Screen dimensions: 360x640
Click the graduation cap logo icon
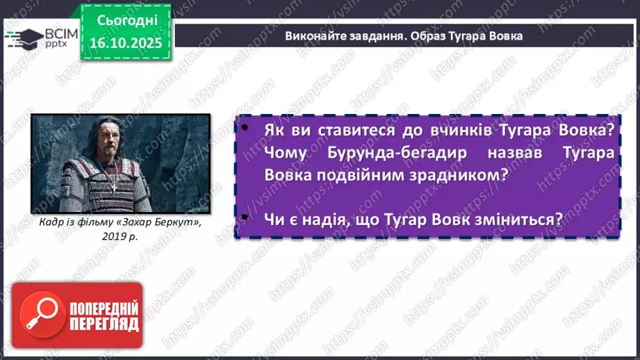(22, 38)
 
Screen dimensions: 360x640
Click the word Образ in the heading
(433, 36)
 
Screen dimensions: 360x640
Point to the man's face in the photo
(116, 139)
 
